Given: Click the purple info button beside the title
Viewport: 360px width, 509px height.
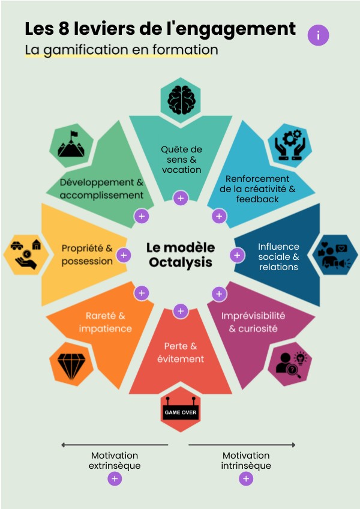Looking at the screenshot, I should pos(318,35).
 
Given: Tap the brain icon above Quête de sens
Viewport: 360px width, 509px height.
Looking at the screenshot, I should pos(181,97).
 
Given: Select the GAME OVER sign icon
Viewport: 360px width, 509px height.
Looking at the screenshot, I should pos(181,413).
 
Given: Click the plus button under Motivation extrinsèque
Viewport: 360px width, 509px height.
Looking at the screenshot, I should pos(115,478).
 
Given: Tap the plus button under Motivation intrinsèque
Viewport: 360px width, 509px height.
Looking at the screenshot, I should pos(246,478).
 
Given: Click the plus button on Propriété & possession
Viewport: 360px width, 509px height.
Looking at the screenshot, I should pos(124,255).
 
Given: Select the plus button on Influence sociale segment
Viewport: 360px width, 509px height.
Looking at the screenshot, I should pos(237,255).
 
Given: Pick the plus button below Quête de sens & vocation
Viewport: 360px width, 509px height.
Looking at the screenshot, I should pos(181,198).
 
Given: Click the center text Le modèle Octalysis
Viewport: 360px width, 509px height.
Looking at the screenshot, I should pos(181,255).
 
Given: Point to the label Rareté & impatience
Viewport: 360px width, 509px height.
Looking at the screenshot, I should pos(106,322).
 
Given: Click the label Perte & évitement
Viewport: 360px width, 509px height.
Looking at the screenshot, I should pos(181,352).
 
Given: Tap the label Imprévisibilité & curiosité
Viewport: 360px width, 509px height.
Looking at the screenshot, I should pos(253,322).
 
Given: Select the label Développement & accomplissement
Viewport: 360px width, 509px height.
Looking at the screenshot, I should pos(101,188).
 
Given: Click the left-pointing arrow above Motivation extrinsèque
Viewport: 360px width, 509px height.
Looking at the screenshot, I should pos(114,445).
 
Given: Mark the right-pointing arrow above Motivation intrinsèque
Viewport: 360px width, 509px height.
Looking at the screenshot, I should pos(242,445).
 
